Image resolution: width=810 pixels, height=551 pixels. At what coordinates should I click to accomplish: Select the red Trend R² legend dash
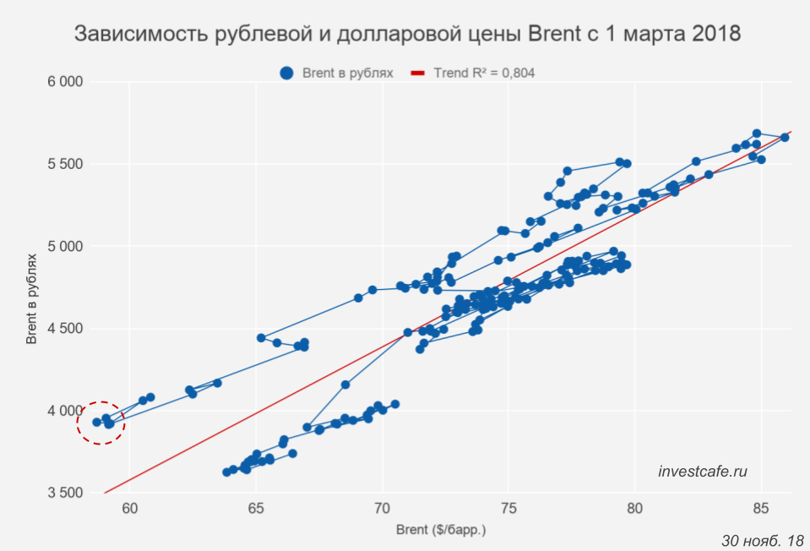(417, 74)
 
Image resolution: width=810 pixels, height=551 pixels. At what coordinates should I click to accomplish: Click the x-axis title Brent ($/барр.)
(441, 531)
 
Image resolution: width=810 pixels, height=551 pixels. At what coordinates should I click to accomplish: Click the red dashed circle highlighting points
(101, 422)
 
